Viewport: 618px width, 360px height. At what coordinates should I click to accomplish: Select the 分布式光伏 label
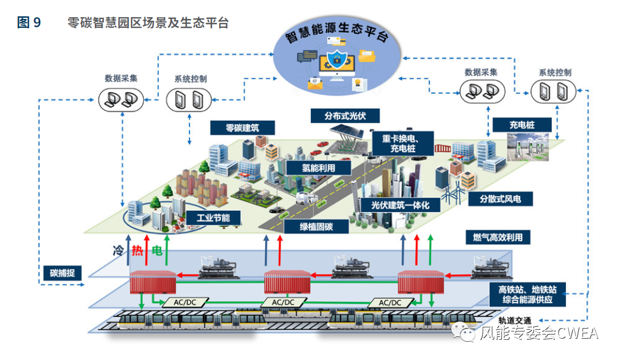(x=345, y=115)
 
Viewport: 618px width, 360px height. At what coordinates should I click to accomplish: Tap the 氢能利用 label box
(x=318, y=168)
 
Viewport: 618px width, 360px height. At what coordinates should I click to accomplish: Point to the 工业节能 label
(x=213, y=217)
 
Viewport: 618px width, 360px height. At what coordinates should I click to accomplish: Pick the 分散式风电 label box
(x=500, y=199)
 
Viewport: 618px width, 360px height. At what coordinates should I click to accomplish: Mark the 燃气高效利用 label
(x=498, y=237)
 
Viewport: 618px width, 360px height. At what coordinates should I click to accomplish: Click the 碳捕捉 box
(x=62, y=274)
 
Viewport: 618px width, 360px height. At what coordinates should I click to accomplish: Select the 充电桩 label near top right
(x=522, y=125)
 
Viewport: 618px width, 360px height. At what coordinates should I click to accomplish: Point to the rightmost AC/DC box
(x=388, y=303)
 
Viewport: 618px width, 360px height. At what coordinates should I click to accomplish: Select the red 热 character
(x=137, y=250)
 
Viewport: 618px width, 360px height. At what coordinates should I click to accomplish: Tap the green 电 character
(x=157, y=250)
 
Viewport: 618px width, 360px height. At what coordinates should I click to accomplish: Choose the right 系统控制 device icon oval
(x=553, y=91)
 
